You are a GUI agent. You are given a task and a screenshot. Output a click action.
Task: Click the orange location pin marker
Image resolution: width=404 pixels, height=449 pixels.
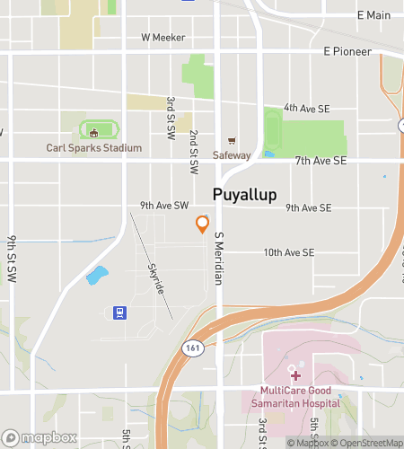203,224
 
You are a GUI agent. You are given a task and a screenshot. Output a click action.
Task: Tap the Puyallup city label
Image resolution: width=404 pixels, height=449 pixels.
244,195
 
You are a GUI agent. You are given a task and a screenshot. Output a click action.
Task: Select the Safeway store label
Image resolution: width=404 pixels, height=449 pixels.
232,155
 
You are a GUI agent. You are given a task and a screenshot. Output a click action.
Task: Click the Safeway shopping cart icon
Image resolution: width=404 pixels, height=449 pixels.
232,140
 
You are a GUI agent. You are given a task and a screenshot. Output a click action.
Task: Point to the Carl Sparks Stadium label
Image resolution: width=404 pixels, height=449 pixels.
94,147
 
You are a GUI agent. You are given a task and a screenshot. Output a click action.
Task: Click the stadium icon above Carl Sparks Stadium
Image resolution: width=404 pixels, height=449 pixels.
93,133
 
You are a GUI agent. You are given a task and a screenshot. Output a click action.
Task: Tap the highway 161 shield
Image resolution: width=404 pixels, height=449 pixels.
189,348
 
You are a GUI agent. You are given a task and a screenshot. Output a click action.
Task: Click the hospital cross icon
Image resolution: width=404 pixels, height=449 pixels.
295,374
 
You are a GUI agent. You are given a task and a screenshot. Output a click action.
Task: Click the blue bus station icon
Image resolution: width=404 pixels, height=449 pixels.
118,313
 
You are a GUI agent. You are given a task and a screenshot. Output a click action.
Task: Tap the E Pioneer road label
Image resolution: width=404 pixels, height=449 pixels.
347,52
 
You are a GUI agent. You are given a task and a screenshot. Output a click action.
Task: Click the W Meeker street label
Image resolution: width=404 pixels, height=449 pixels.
162,38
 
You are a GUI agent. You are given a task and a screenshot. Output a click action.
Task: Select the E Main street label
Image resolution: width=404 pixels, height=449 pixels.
373,15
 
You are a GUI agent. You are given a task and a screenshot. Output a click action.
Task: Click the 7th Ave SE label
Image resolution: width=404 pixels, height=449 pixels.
321,161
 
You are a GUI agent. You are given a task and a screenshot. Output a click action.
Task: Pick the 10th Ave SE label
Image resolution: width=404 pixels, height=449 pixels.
288,254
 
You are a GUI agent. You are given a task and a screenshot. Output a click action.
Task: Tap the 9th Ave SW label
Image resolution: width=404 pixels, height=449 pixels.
164,206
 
